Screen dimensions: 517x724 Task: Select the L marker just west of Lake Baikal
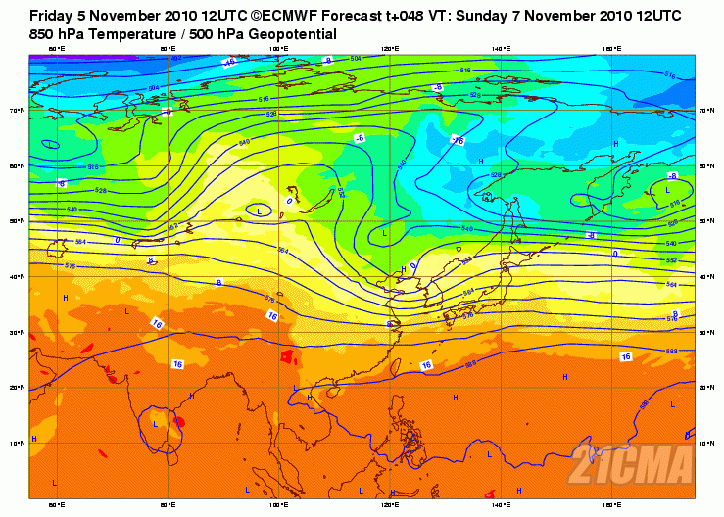point(259,211)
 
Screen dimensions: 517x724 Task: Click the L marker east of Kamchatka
point(668,189)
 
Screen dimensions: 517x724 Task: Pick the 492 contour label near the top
point(177,59)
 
